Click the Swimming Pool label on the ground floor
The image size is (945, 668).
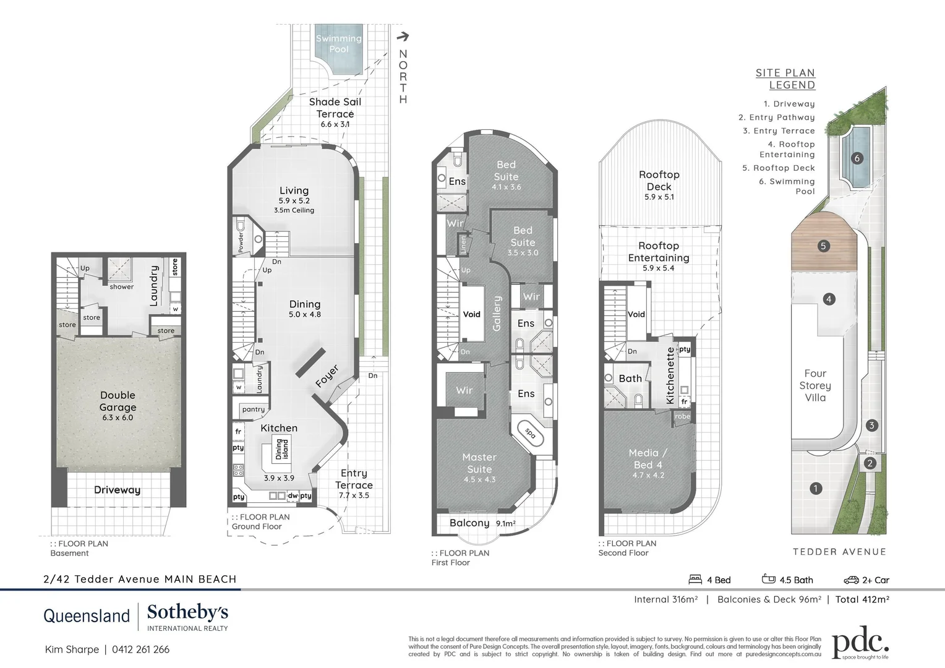coord(338,43)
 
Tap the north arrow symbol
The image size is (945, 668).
coord(403,37)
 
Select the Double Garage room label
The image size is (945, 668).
coord(118,401)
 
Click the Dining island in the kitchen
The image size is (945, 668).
coord(281,448)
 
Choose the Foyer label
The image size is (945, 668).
coord(327,377)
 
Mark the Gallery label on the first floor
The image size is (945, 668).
coord(497,313)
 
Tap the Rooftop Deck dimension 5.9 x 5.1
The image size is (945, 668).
coord(659,197)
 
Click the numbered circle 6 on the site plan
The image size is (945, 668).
coord(857,158)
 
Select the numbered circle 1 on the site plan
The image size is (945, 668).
coord(816,489)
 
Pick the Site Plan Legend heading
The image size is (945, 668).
coord(785,79)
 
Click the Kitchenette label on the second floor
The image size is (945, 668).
coord(670,375)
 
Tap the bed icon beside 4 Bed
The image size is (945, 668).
coord(695,580)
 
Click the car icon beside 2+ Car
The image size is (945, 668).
coord(851,580)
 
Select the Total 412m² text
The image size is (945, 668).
coord(862,599)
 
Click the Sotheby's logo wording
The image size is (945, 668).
coord(187,613)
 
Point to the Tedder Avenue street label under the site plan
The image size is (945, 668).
coord(839,552)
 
